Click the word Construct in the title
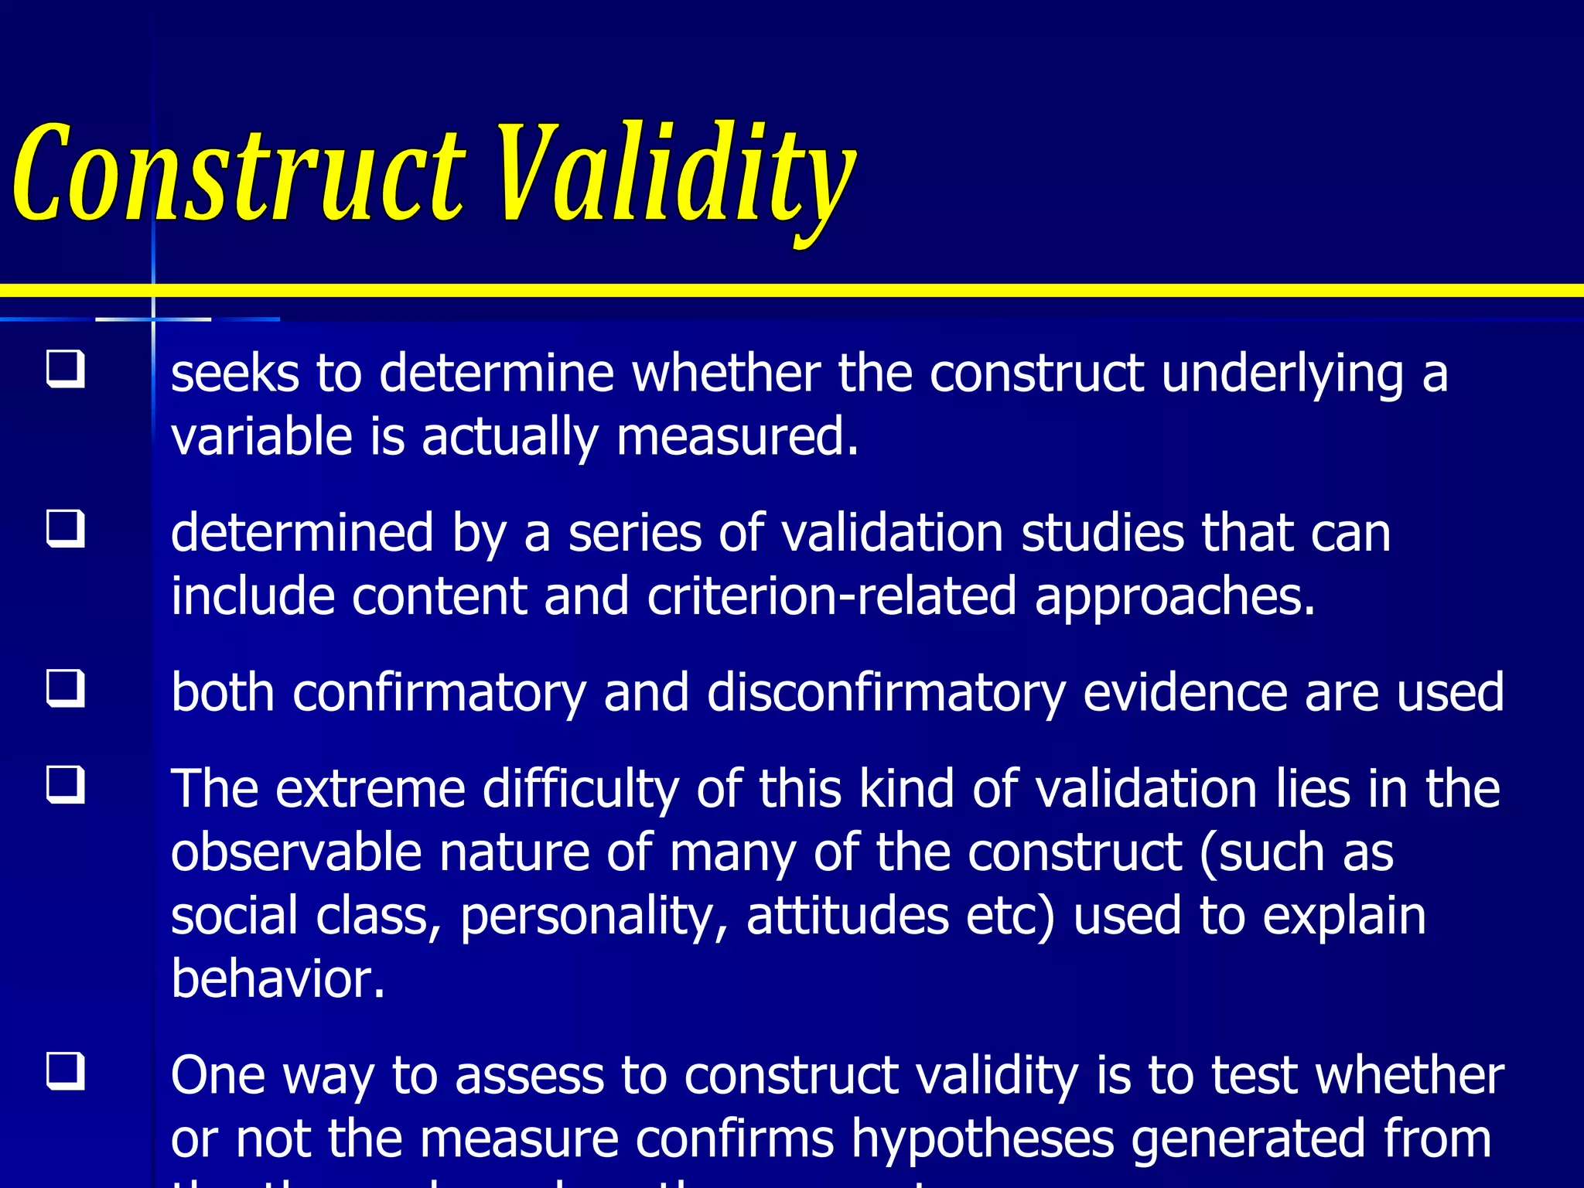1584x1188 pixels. pyautogui.click(x=240, y=174)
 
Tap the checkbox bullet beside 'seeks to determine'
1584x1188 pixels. pyautogui.click(x=66, y=370)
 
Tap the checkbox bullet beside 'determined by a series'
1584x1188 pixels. pyautogui.click(x=66, y=529)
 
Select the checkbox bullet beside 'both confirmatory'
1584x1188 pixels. pyautogui.click(x=66, y=688)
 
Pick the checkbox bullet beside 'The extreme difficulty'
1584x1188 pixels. pyautogui.click(x=66, y=784)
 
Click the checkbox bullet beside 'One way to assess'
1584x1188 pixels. pyautogui.click(x=66, y=1071)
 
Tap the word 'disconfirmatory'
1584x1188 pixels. pyautogui.click(x=886, y=692)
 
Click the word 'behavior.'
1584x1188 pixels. pyautogui.click(x=278, y=979)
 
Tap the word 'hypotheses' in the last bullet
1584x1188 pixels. pyautogui.click(x=982, y=1140)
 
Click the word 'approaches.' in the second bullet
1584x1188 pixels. pyautogui.click(x=1175, y=597)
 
